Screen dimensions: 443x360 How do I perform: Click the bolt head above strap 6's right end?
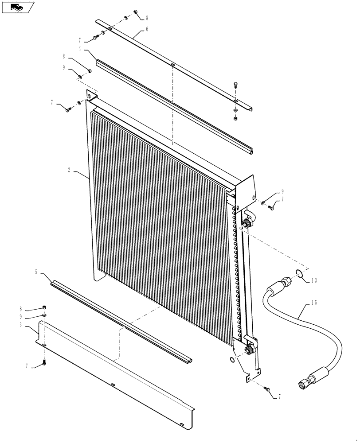[x=235, y=85]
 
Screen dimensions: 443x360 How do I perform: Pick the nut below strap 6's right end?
[x=235, y=118]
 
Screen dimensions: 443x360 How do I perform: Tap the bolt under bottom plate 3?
[x=44, y=363]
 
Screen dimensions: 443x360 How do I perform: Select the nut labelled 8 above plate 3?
[x=45, y=307]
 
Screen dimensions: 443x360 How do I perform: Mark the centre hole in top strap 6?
[x=171, y=67]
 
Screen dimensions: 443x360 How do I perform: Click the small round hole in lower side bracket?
[x=232, y=360]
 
